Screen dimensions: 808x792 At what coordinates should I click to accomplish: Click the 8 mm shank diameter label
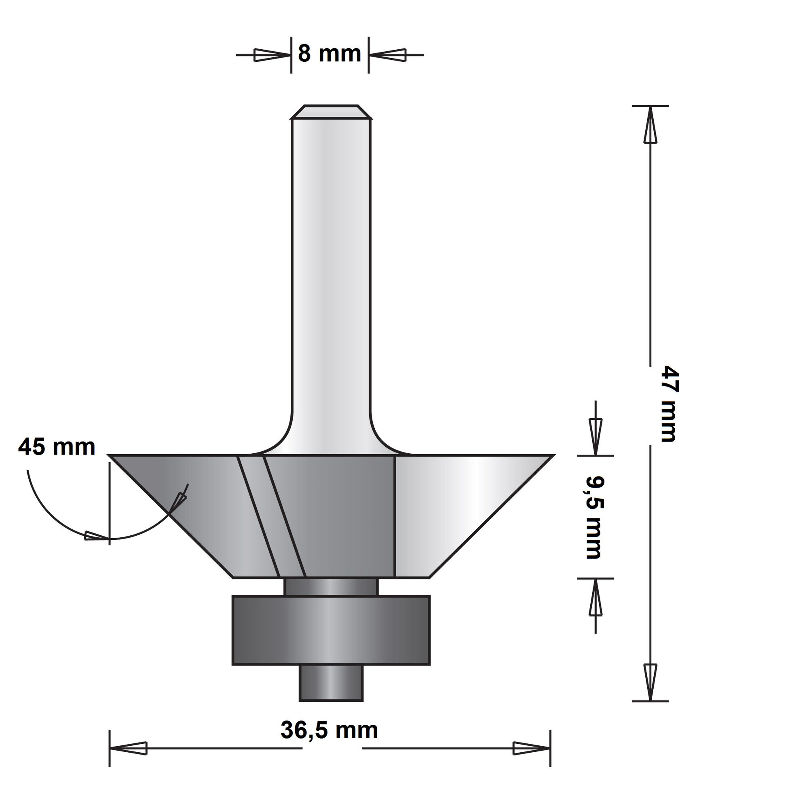pos(329,54)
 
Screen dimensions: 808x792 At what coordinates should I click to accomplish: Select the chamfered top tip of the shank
pos(331,112)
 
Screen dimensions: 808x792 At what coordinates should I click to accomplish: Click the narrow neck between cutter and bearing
pos(331,587)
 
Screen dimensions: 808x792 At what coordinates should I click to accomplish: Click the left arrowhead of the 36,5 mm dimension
pos(129,748)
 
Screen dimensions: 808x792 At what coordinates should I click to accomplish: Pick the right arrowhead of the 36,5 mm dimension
pos(531,748)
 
